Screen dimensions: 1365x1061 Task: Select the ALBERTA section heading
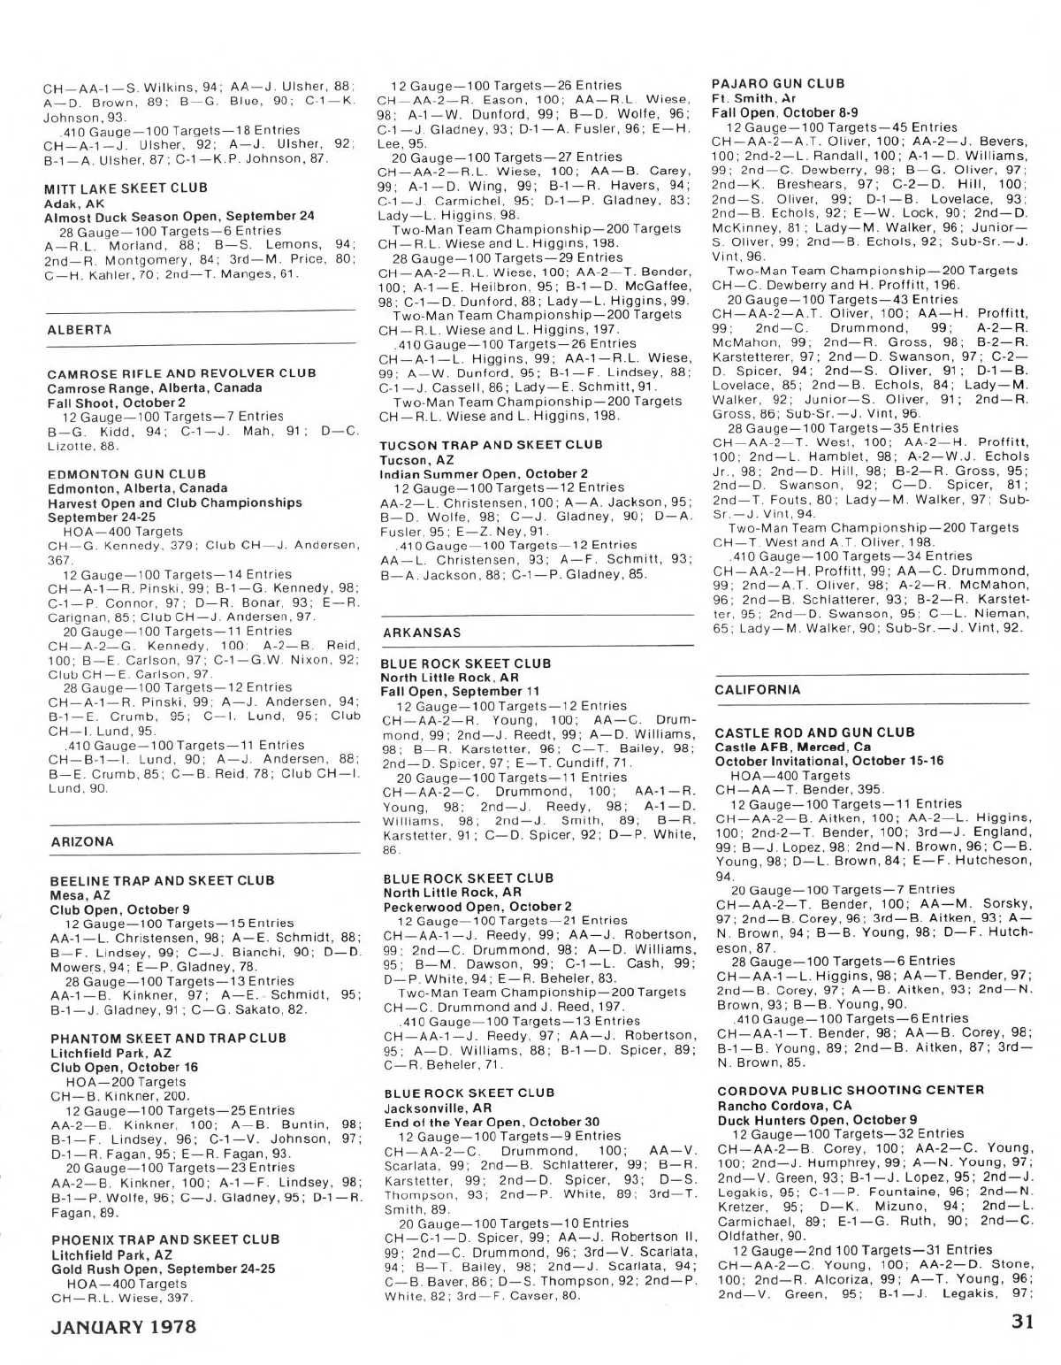point(80,330)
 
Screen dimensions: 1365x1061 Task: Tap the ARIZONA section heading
point(82,842)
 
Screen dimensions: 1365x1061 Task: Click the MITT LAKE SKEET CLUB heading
point(126,188)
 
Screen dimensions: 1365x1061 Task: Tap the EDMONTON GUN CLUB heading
point(126,474)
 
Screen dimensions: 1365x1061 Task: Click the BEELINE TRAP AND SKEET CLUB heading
point(163,881)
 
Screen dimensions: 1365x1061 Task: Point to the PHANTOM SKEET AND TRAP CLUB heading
point(168,1039)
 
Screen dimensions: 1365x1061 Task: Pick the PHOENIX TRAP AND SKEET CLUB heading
point(165,1240)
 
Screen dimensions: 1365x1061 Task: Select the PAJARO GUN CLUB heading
point(778,83)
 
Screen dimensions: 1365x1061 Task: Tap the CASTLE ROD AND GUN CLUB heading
point(814,733)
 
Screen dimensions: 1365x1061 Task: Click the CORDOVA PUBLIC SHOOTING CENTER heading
point(851,1091)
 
